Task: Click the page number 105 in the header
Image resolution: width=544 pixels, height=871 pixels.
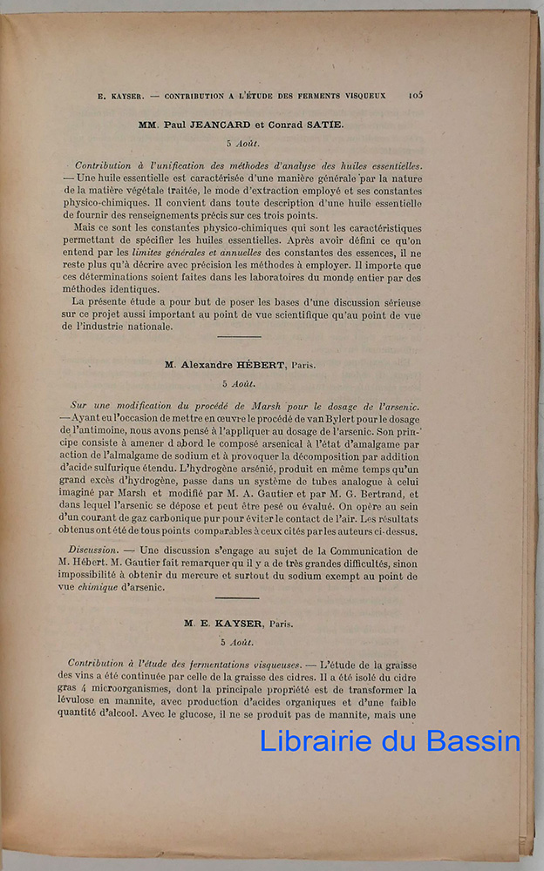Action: [415, 95]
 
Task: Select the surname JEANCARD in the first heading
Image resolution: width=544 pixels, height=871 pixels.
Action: [228, 125]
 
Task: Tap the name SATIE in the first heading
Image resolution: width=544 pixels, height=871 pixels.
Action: [323, 125]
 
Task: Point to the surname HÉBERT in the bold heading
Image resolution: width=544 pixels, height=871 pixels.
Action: [262, 365]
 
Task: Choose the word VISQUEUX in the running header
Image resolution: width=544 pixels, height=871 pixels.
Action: [364, 96]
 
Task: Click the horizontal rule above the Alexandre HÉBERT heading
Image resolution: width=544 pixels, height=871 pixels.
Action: [239, 336]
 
